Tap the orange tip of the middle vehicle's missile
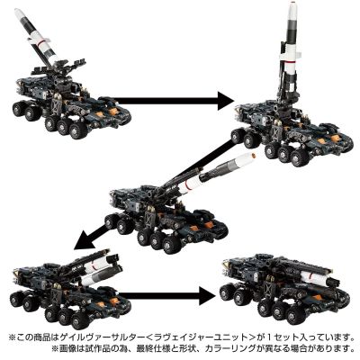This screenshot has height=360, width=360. tap(255, 156)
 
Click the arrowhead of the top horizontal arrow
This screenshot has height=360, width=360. tap(226, 101)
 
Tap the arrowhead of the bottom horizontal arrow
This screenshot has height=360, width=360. tap(207, 296)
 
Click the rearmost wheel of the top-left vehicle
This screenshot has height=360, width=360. tap(18, 109)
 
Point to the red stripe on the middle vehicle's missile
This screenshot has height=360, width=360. tap(188, 186)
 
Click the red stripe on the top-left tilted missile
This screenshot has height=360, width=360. tap(40, 44)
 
